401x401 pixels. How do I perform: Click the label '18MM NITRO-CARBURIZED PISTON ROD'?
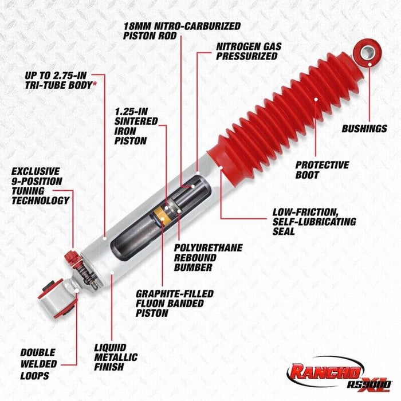(x=182, y=31)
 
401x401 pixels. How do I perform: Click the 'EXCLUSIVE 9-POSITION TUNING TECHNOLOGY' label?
(x=40, y=185)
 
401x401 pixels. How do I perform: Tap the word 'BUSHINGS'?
(x=364, y=129)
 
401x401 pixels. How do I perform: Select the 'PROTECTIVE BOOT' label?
(x=322, y=170)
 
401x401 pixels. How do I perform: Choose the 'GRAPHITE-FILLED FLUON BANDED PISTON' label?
(x=174, y=303)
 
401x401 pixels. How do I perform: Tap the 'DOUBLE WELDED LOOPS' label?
(x=38, y=364)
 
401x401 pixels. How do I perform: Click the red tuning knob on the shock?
(x=72, y=257)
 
